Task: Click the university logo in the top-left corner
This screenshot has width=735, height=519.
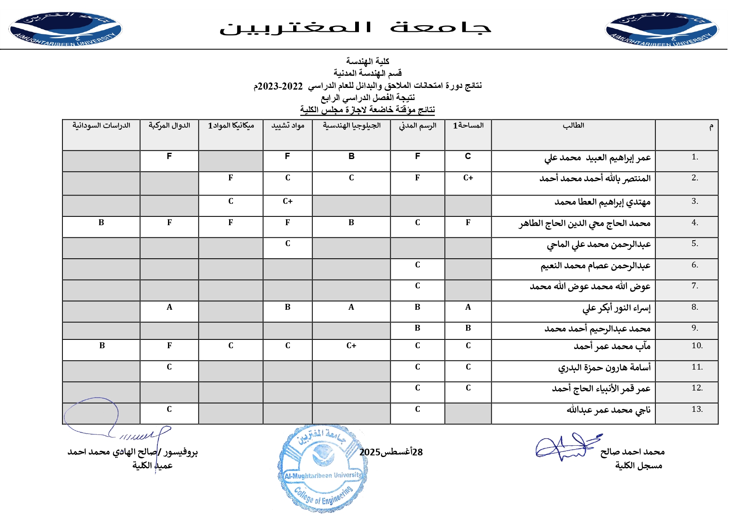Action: (65, 29)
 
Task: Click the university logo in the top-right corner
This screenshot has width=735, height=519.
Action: (661, 29)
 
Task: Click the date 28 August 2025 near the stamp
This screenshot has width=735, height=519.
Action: (391, 452)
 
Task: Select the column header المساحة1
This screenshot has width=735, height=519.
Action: (468, 126)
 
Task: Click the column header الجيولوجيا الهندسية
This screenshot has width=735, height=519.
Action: (351, 126)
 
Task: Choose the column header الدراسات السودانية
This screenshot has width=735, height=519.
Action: (101, 126)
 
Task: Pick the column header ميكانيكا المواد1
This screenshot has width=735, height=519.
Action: (231, 126)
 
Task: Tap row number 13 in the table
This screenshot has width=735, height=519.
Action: (697, 409)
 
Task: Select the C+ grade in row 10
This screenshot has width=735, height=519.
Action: (351, 346)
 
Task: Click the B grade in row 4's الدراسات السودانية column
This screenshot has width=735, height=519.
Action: (101, 223)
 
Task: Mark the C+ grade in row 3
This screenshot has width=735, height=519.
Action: (287, 201)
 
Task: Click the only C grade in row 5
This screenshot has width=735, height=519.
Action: (287, 244)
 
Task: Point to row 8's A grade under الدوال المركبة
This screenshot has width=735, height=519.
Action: (169, 307)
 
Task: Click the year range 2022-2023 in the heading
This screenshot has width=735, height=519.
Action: (280, 86)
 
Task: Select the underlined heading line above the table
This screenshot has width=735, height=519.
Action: (367, 110)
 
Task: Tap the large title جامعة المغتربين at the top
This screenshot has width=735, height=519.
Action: (355, 28)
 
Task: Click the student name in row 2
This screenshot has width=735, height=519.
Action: (595, 179)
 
